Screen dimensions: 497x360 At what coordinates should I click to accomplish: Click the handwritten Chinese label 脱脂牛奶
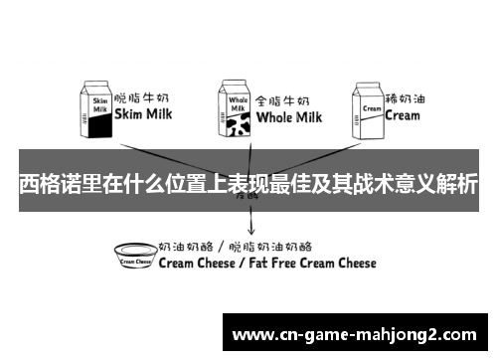coord(145,98)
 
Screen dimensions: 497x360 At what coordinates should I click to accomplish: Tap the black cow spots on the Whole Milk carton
coord(237,123)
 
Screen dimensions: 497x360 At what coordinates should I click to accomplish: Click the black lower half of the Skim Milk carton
coord(99,126)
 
